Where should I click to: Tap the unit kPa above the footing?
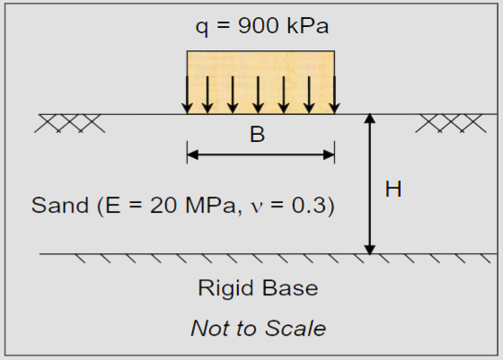click(305, 26)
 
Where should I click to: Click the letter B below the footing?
click(258, 136)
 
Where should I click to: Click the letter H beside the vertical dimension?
click(393, 189)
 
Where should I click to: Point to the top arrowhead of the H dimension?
click(369, 120)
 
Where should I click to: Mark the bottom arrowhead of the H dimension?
click(369, 248)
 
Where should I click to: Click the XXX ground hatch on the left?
click(70, 124)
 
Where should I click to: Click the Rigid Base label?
click(258, 289)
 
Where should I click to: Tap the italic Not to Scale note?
click(258, 328)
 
